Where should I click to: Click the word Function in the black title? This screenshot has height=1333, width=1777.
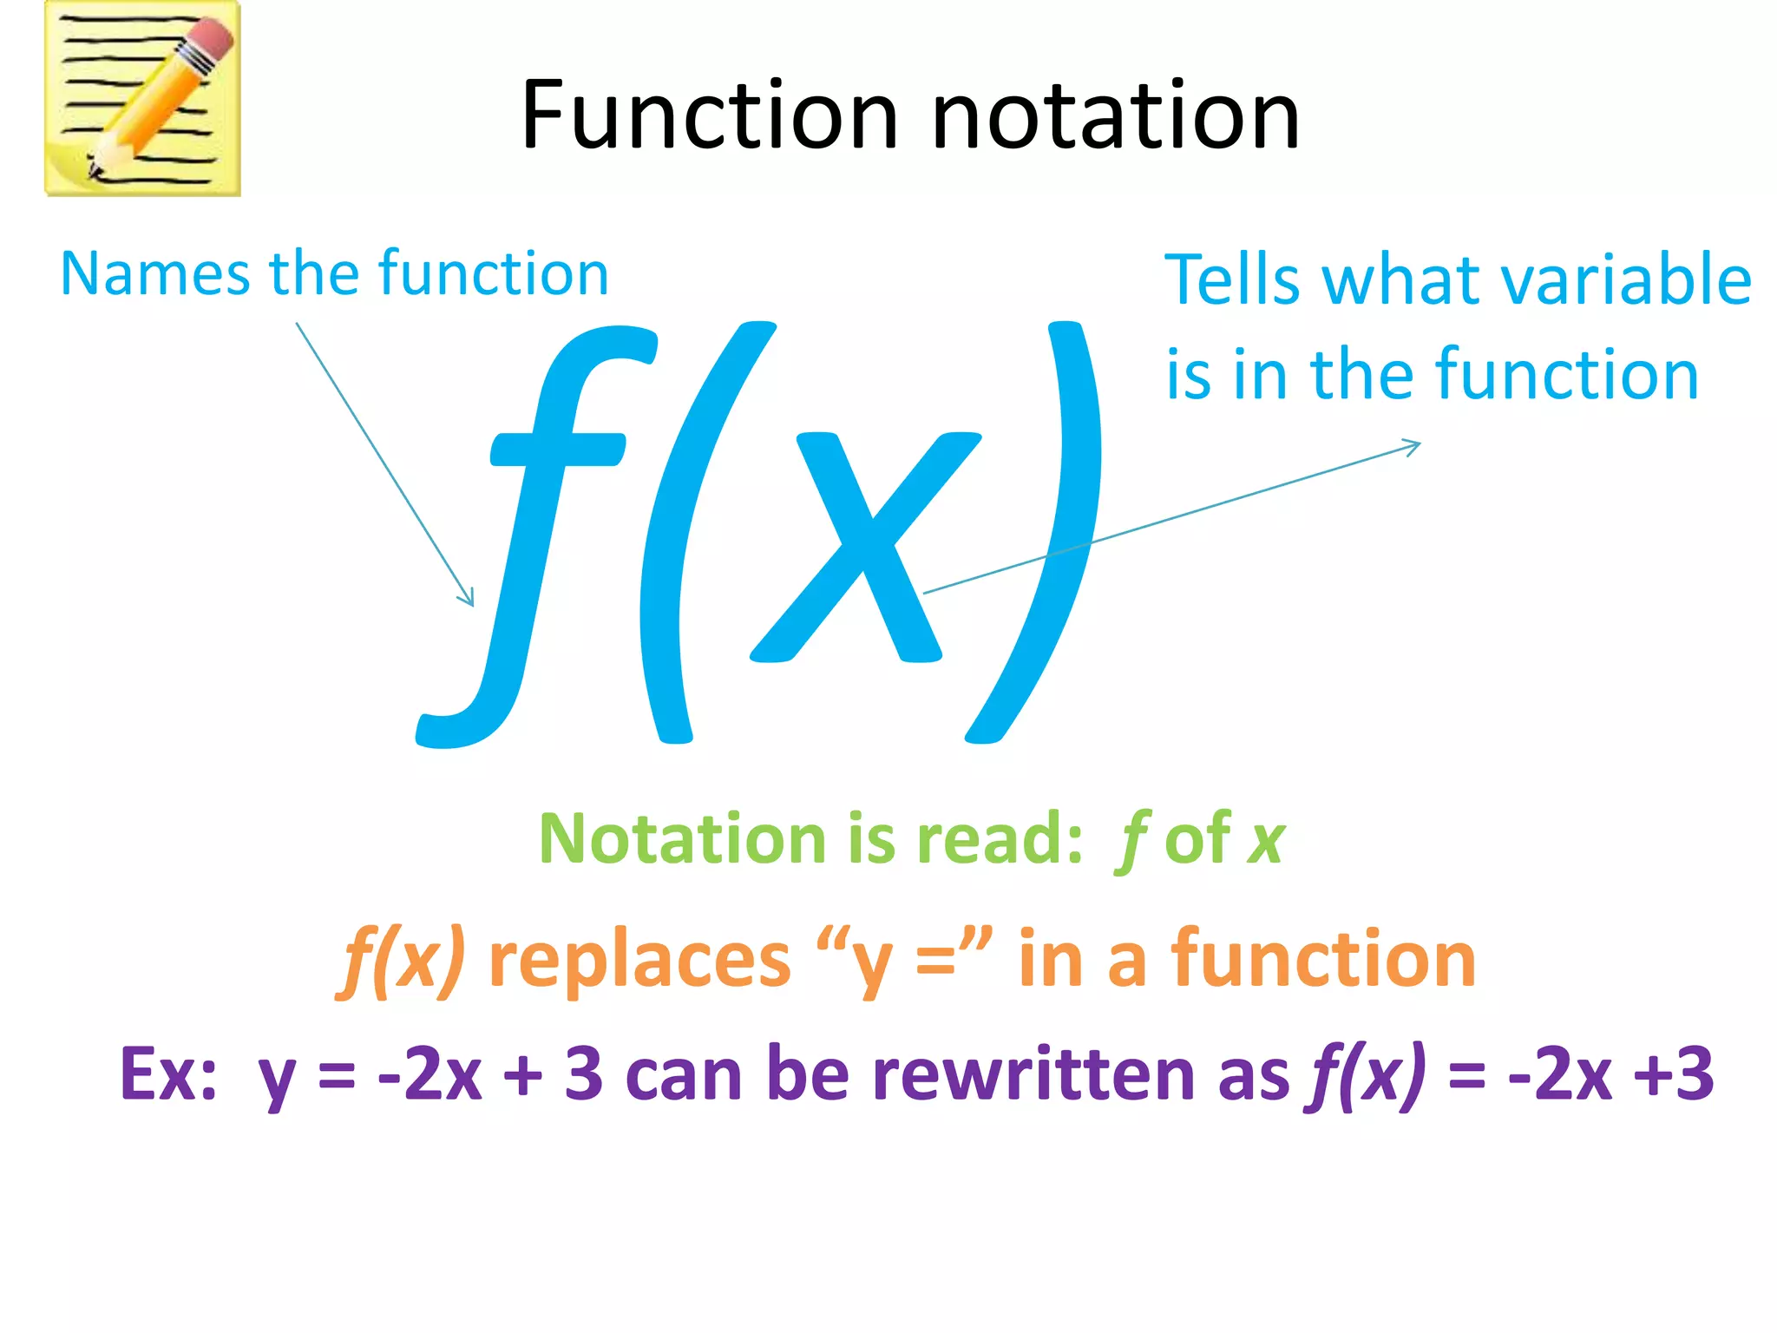[709, 115]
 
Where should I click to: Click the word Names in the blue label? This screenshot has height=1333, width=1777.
[154, 274]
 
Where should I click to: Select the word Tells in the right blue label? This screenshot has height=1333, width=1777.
[1231, 280]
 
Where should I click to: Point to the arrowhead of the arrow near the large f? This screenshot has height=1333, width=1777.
[469, 600]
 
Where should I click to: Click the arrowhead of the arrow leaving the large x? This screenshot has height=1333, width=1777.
[1413, 445]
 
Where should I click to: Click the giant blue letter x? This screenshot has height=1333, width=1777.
[863, 547]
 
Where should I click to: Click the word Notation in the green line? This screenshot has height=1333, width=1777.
[681, 839]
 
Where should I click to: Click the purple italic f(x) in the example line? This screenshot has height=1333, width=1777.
[1367, 1074]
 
